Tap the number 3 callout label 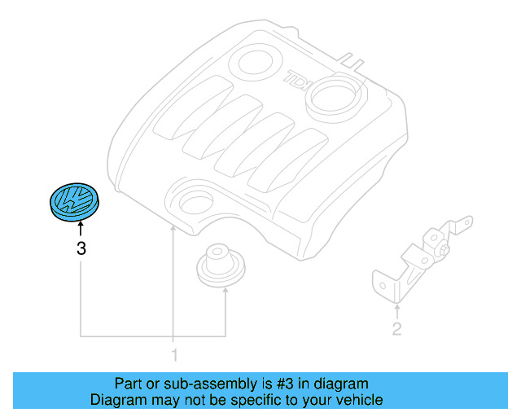(81, 249)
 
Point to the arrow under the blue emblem (80, 230)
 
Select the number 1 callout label (173, 354)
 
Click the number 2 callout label (396, 329)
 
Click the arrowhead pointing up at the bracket (396, 308)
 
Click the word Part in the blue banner (128, 383)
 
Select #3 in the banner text (283, 383)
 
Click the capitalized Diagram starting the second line (116, 400)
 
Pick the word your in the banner (313, 400)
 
